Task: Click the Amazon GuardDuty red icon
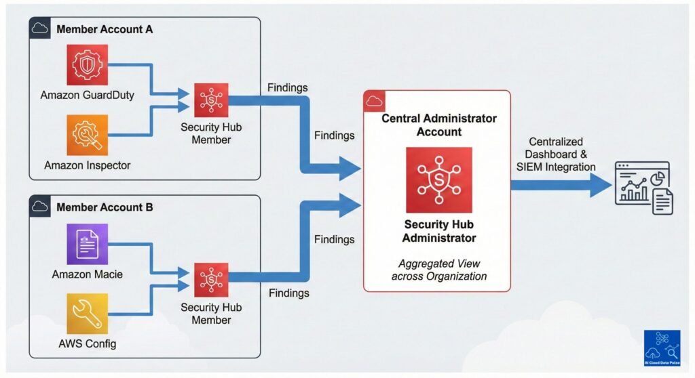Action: tap(87, 65)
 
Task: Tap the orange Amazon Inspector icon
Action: tap(87, 135)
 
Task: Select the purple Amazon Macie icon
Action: tap(87, 244)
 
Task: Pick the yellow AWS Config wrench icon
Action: tap(87, 314)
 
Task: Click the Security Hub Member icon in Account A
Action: tap(211, 100)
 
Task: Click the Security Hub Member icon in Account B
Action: tap(211, 278)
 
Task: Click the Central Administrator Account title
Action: tap(438, 125)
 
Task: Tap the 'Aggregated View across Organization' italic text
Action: tap(438, 270)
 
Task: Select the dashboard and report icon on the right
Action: tap(642, 187)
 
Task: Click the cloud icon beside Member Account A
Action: tap(40, 29)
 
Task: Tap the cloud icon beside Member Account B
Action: tap(40, 207)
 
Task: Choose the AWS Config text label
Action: tap(86, 343)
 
